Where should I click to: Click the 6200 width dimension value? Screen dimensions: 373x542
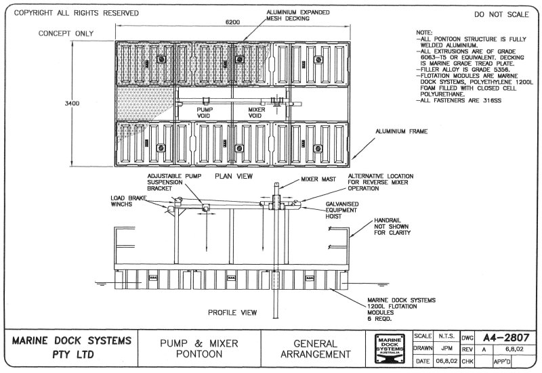pyautogui.click(x=233, y=22)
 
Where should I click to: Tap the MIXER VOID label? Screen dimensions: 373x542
pyautogui.click(x=256, y=112)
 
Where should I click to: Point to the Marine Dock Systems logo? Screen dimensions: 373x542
pyautogui.click(x=391, y=347)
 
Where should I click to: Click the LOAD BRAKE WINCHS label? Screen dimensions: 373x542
pyautogui.click(x=127, y=201)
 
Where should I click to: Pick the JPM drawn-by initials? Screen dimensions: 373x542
pyautogui.click(x=446, y=349)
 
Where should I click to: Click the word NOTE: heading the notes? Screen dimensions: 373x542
pyautogui.click(x=424, y=32)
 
